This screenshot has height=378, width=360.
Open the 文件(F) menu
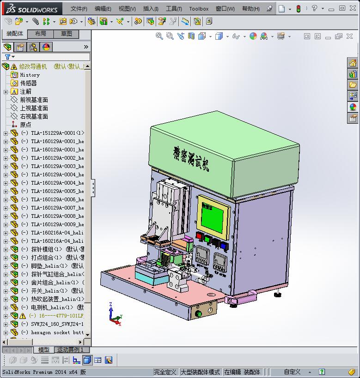tap(79, 9)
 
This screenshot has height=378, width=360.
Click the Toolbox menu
tap(199, 9)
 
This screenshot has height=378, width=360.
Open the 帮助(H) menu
tap(250, 9)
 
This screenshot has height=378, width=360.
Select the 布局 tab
tap(40, 34)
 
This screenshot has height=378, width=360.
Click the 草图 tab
tap(66, 34)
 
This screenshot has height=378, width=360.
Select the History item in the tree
tap(30, 75)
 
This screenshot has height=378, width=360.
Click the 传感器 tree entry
tap(28, 83)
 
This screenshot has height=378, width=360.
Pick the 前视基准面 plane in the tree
tap(34, 100)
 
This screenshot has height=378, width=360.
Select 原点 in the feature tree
tap(25, 125)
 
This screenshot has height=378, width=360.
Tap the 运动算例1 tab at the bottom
tap(70, 350)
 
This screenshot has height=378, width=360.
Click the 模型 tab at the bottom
tap(43, 350)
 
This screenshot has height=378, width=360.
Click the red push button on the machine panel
tap(200, 236)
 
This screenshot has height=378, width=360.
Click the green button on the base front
tap(200, 314)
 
